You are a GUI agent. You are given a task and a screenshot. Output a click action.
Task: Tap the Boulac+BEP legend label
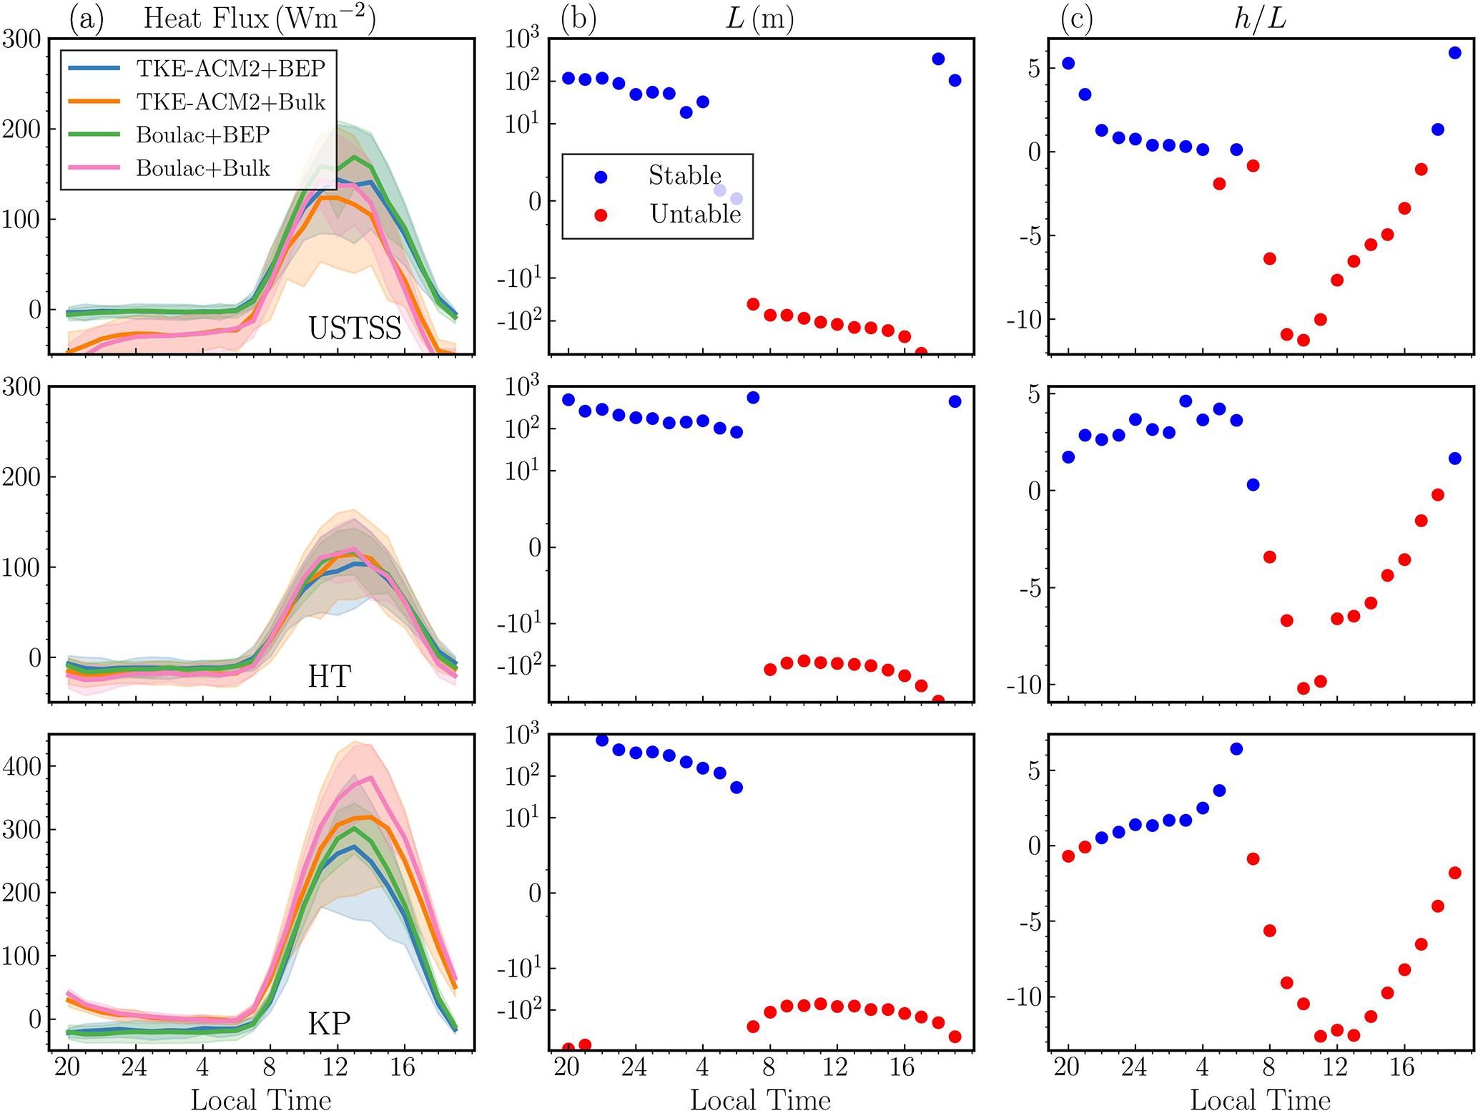203,135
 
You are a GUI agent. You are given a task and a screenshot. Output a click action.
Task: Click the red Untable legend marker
601,215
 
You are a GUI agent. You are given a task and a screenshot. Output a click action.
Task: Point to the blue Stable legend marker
601,176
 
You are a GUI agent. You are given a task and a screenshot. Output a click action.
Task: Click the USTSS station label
355,328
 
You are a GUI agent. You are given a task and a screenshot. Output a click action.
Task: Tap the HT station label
329,676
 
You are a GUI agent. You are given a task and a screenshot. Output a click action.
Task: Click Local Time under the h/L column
1260,1100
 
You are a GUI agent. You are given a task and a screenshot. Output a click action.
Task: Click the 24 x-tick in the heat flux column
134,1068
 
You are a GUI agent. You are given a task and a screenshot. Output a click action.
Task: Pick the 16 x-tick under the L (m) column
902,1068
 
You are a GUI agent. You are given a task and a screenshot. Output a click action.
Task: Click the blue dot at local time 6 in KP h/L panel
1236,749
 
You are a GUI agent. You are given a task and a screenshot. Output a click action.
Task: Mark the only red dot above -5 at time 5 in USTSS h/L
1219,184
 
